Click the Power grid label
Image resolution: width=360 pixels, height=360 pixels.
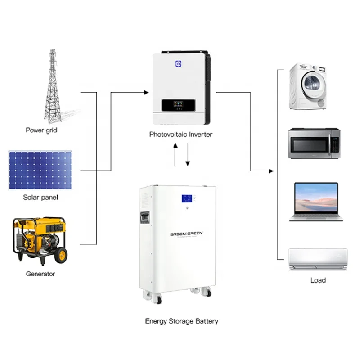pyautogui.click(x=41, y=130)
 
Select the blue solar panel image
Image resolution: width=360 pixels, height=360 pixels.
pyautogui.click(x=40, y=170)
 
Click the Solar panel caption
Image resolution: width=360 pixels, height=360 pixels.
pyautogui.click(x=40, y=198)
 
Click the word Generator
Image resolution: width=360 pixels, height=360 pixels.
pyautogui.click(x=40, y=274)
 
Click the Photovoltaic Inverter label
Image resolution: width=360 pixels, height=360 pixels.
pyautogui.click(x=180, y=135)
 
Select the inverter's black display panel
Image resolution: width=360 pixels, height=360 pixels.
pyautogui.click(x=179, y=106)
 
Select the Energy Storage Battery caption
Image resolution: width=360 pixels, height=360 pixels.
pyautogui.click(x=181, y=321)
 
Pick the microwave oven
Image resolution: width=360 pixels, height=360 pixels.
pyautogui.click(x=314, y=143)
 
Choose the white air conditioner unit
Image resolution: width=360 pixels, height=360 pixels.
pyautogui.click(x=318, y=260)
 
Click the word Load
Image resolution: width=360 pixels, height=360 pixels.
pyautogui.click(x=318, y=280)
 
